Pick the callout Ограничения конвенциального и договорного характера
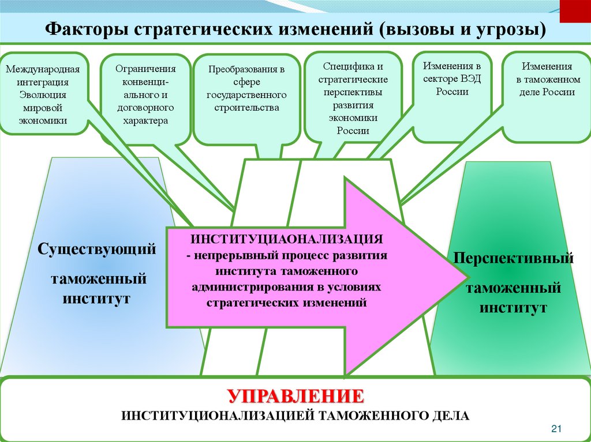click(145, 95)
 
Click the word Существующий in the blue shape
click(98, 250)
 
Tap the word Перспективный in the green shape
click(513, 258)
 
